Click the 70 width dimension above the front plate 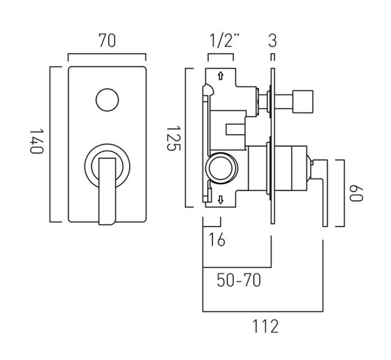coord(108,40)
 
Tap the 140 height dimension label coord(36,141)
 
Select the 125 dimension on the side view coord(173,139)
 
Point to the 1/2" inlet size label coord(224,40)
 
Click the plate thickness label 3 coord(272,40)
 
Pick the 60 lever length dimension coord(356,193)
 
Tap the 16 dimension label coord(216,240)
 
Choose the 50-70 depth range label coord(239,280)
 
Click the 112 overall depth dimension coord(265,327)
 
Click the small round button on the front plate coord(108,100)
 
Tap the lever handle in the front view coord(108,191)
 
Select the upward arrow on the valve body coord(221,76)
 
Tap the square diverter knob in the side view coord(302,102)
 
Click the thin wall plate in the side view coord(273,146)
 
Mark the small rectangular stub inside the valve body coord(235,130)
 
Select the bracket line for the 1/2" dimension coord(221,54)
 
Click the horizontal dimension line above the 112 coord(263,311)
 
